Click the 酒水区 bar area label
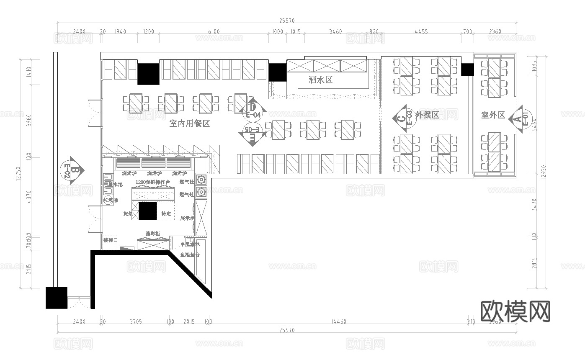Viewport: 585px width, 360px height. click(320, 80)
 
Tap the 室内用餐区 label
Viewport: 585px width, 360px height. click(189, 123)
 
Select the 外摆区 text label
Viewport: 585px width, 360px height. click(427, 115)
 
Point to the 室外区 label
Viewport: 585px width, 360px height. click(493, 115)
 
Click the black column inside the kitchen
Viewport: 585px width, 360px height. click(148, 211)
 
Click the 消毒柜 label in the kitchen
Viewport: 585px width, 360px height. click(153, 234)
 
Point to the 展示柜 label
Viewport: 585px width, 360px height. click(187, 218)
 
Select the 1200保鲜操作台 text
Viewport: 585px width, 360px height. click(153, 183)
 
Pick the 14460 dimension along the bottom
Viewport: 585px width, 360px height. click(338, 321)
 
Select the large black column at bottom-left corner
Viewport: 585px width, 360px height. click(56, 298)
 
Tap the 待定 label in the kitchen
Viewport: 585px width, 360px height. click(166, 214)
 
